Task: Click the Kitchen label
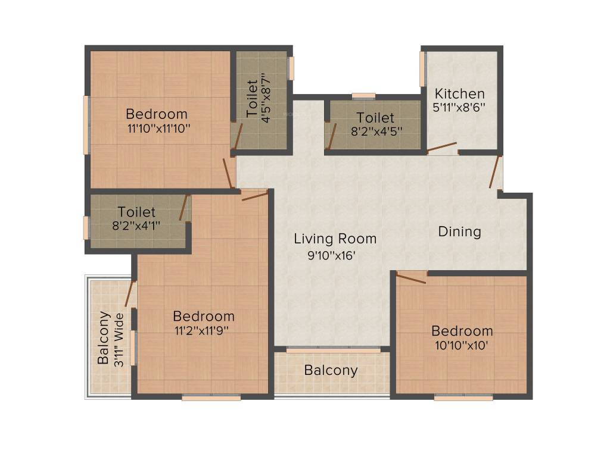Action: (x=459, y=94)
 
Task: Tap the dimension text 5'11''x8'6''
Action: (x=459, y=108)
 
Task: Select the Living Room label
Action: (x=335, y=239)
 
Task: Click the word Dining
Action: (x=459, y=231)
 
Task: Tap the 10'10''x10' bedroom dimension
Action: (x=462, y=345)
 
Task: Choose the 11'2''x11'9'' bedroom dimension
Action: (x=203, y=331)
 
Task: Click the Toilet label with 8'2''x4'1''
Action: (x=136, y=212)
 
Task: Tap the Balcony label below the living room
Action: (x=331, y=370)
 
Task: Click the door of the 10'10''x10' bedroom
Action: (x=411, y=277)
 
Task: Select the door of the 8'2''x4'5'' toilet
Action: (x=329, y=136)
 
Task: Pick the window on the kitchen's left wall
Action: (x=422, y=69)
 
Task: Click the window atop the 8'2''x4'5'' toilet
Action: (x=363, y=96)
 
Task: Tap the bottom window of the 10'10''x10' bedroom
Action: (x=455, y=397)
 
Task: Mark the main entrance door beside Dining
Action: (x=494, y=172)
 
